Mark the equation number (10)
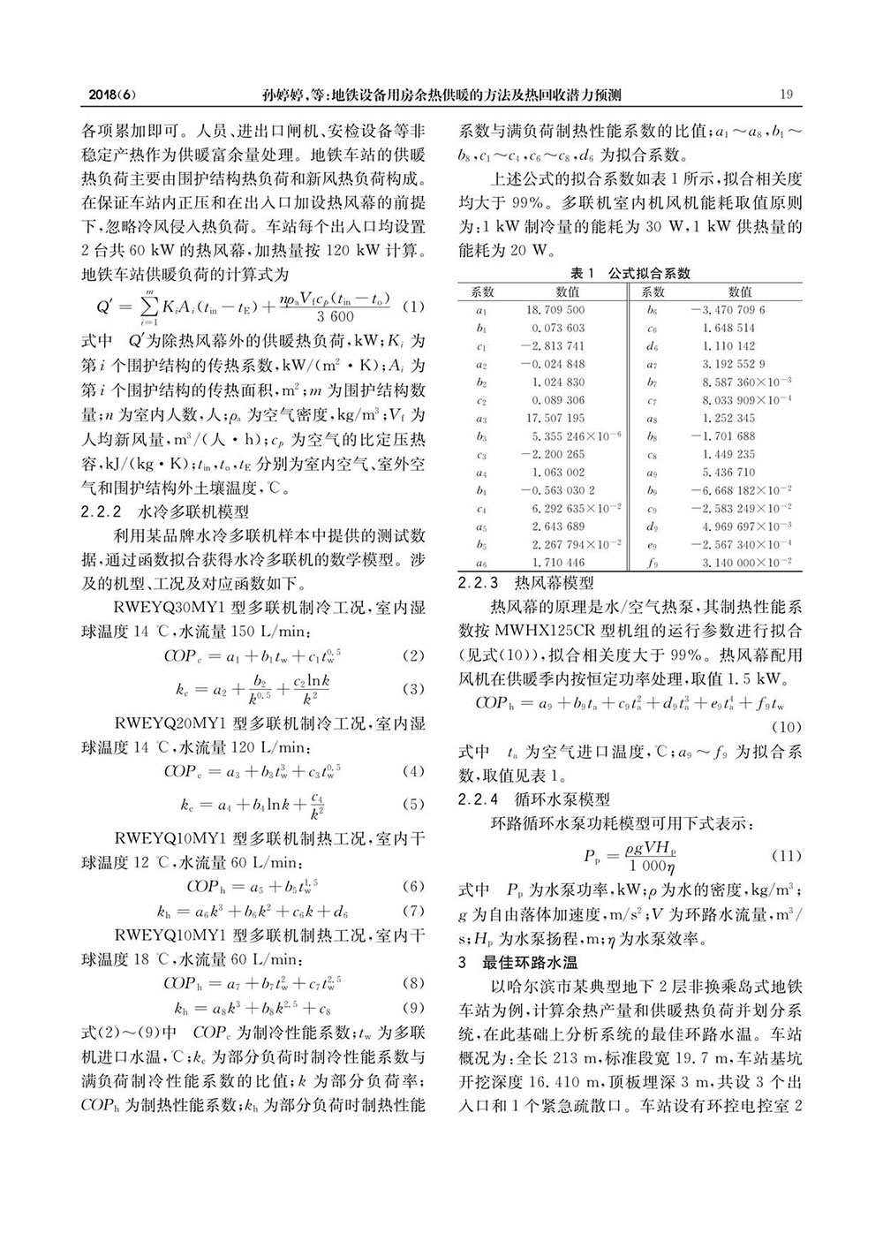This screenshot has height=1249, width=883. [x=787, y=727]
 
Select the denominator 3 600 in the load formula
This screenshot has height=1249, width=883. [x=336, y=317]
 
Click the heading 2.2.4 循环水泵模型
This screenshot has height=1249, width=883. [x=533, y=800]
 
